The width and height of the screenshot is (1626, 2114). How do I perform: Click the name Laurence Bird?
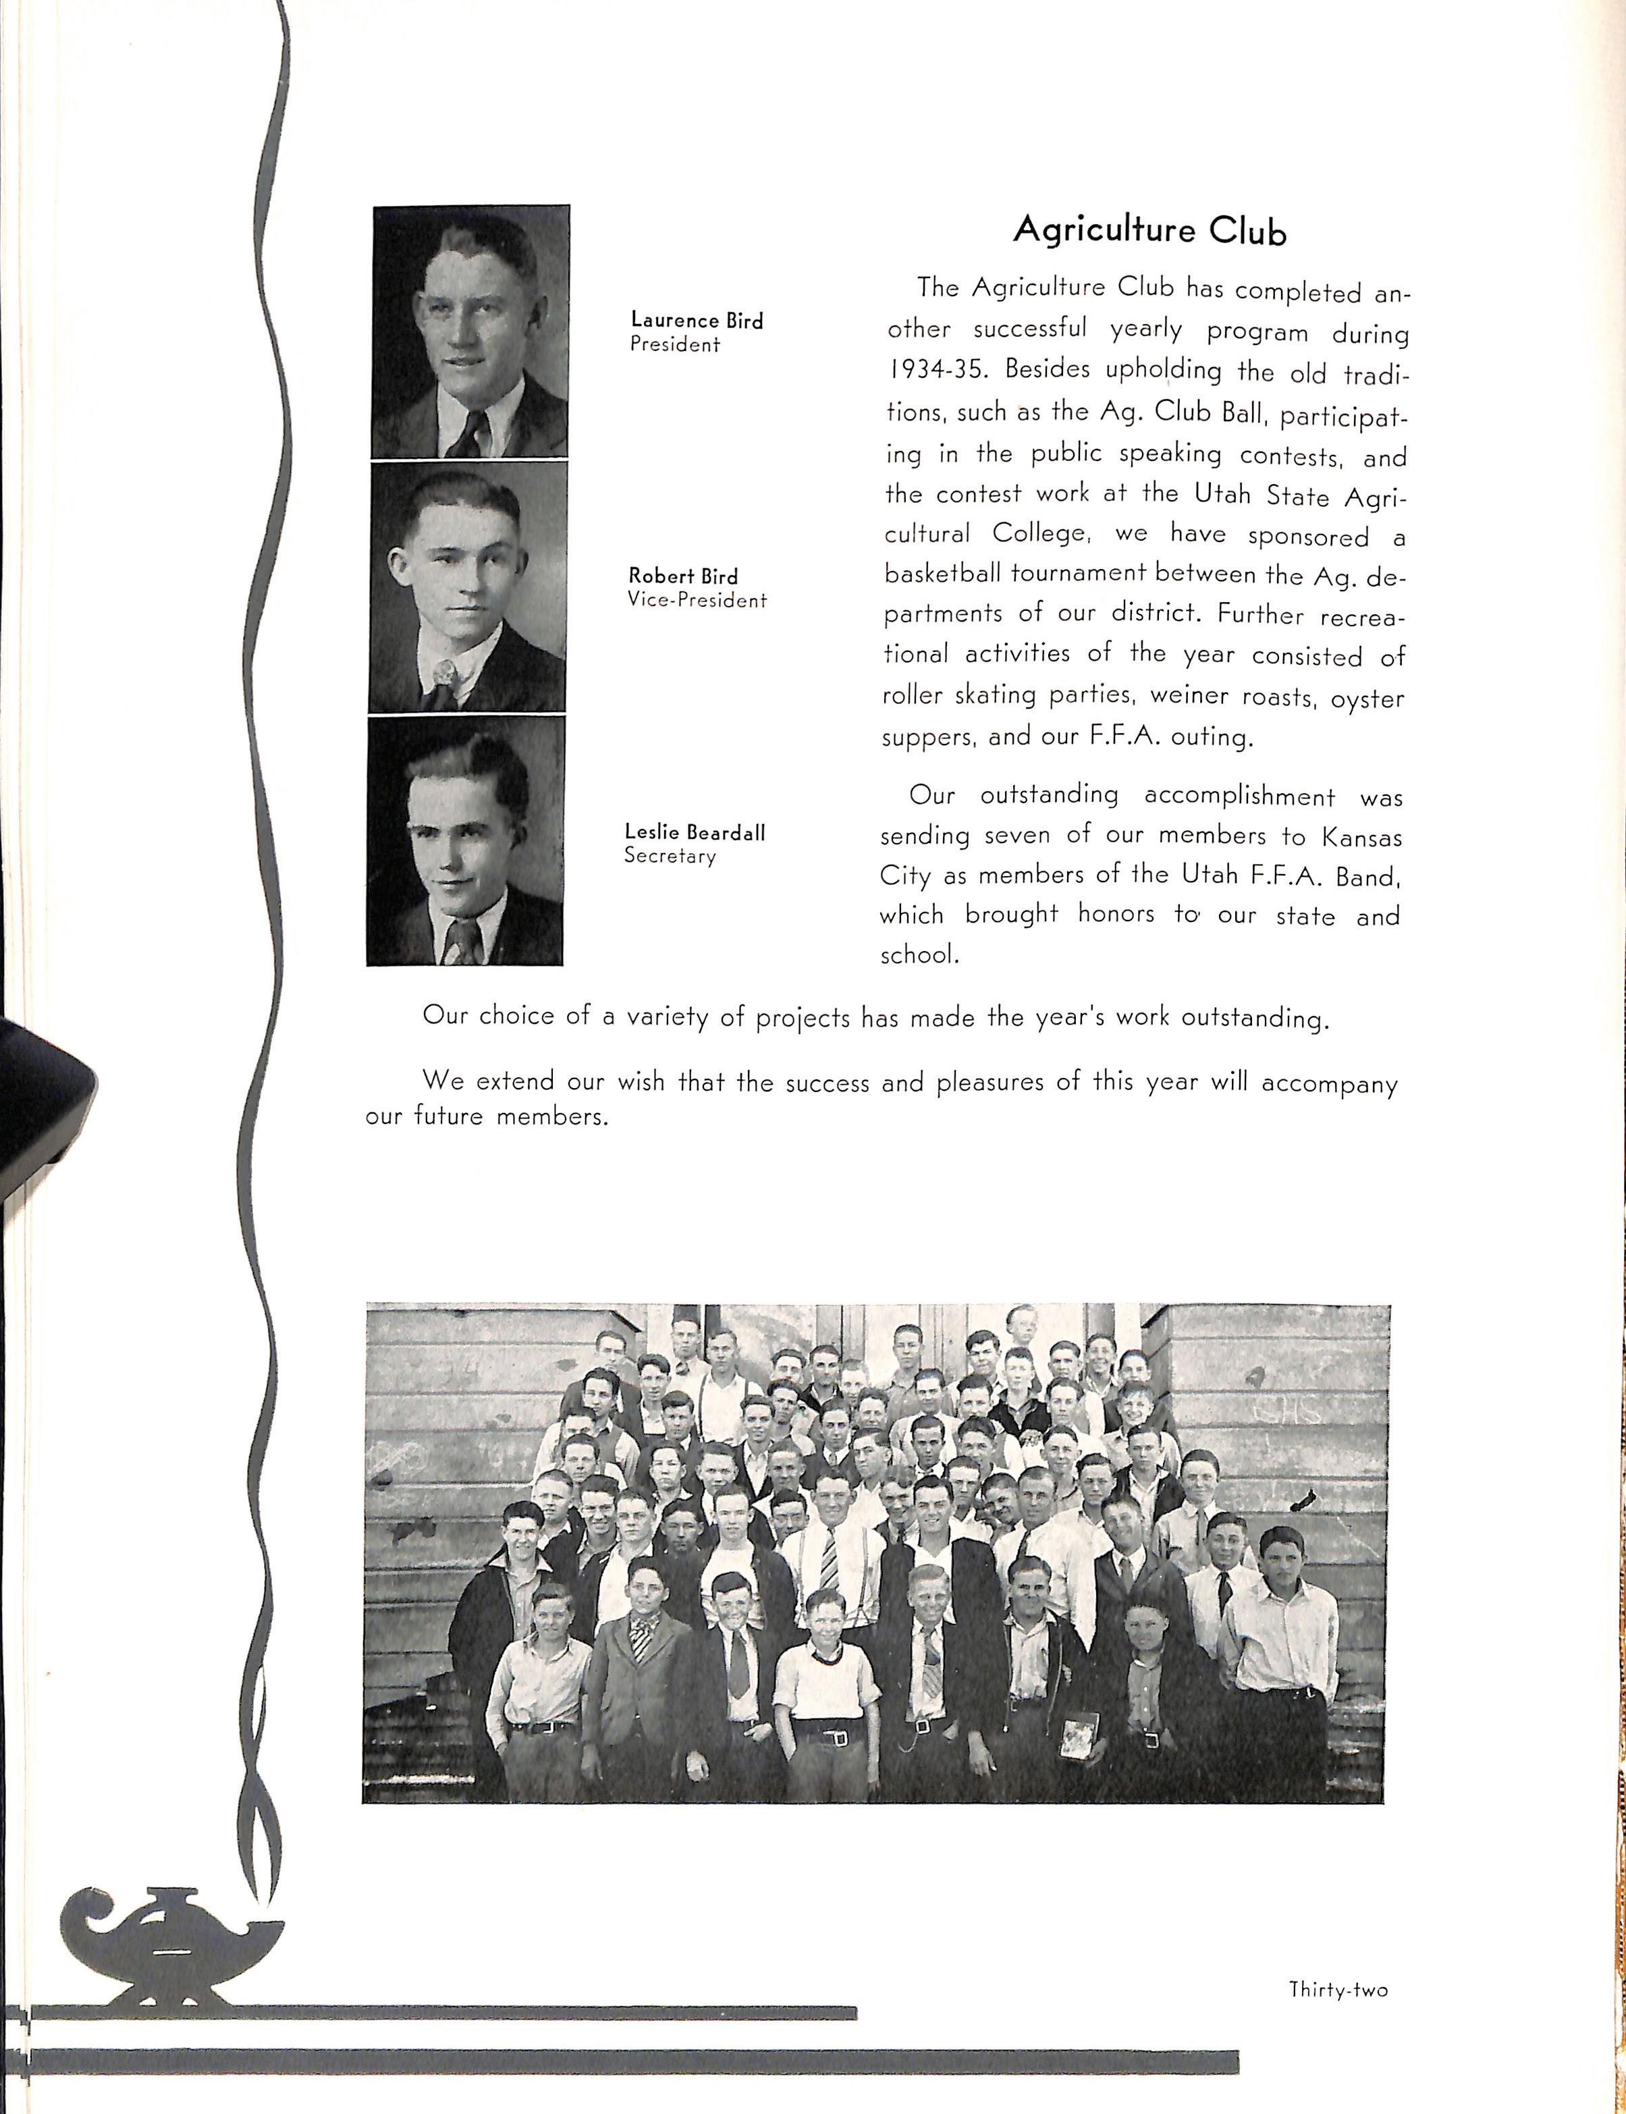(696, 321)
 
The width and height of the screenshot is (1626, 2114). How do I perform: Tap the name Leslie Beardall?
(694, 832)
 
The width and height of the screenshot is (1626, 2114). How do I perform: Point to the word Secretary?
(670, 856)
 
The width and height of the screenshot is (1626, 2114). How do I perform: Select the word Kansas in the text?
(1362, 836)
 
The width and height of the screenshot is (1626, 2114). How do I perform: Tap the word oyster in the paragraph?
(1367, 699)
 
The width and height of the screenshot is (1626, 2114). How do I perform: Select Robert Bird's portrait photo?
(468, 587)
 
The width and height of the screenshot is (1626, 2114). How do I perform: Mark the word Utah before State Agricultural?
(1222, 495)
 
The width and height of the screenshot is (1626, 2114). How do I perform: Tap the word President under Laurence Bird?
(674, 345)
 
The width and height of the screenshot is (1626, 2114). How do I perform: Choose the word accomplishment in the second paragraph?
(1239, 796)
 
